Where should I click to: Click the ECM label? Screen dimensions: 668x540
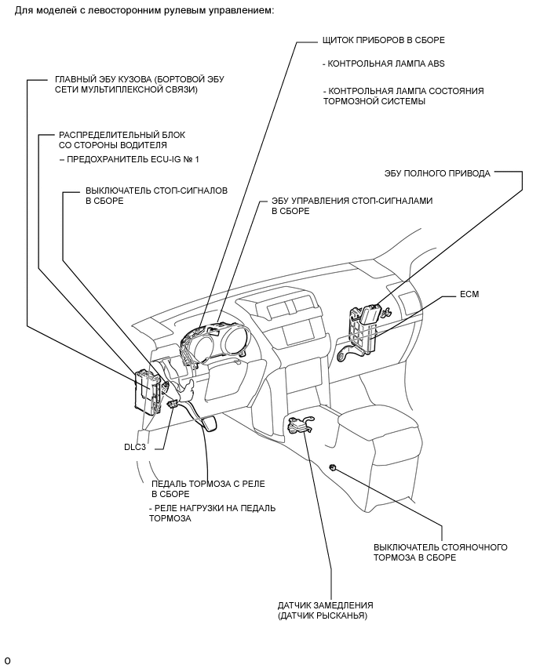(470, 294)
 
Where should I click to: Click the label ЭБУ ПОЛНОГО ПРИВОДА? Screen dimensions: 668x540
(437, 173)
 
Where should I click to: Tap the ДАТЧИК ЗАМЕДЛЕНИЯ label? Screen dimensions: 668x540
(325, 605)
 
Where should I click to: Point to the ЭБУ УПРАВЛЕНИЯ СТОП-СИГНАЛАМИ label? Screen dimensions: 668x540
(352, 201)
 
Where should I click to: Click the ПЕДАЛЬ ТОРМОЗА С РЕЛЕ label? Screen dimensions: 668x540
(202, 483)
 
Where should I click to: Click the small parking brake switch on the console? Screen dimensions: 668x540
(334, 467)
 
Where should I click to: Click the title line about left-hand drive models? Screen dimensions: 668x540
(143, 9)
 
